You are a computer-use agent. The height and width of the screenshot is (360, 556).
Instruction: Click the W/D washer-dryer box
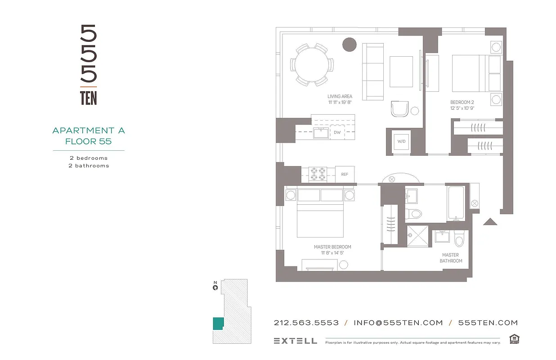401,141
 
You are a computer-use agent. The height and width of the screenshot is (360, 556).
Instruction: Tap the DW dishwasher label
337,132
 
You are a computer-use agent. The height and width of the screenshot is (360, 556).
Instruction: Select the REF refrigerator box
345,174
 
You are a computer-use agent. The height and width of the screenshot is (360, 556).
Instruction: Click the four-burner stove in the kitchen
318,174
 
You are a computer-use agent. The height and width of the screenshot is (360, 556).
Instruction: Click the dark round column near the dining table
350,45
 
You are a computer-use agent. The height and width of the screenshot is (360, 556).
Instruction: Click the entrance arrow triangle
489,221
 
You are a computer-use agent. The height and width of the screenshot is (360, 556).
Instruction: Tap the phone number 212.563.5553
306,323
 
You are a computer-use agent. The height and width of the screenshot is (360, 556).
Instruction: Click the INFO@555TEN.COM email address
398,323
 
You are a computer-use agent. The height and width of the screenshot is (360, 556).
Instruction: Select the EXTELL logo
295,341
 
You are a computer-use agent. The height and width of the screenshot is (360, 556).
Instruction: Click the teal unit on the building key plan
218,324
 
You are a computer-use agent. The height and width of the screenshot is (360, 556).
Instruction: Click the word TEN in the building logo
89,98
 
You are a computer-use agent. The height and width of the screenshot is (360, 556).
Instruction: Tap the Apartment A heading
89,130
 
